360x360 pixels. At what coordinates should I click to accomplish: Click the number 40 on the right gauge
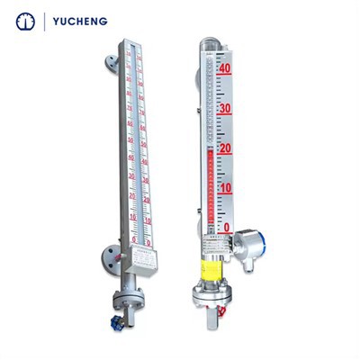[x=226, y=68]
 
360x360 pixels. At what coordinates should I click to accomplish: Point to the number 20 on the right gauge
[x=226, y=148]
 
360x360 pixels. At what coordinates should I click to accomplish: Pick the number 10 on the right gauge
[x=226, y=188]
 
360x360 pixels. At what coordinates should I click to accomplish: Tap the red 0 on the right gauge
[x=228, y=228]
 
